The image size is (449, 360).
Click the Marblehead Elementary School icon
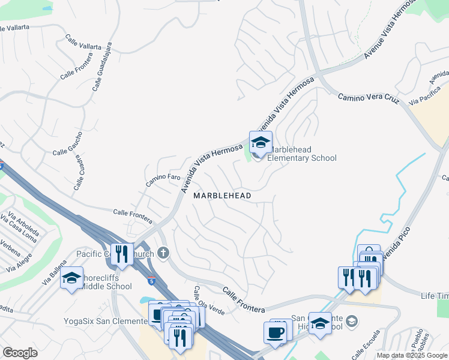261,143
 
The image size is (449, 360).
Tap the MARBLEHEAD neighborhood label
221,196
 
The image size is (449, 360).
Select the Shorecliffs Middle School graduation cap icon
71,278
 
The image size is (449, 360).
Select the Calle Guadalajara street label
103,66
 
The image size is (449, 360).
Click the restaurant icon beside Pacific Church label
122,253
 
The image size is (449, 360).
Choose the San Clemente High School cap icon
321,323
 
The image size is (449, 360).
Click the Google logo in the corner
20,353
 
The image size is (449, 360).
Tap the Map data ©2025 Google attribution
412,355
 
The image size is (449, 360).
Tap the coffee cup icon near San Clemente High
276,332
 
